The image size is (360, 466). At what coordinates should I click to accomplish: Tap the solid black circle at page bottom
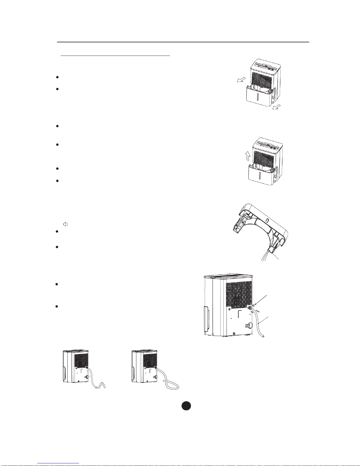[x=186, y=406]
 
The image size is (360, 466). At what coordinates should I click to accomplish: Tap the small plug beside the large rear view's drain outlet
[x=254, y=306]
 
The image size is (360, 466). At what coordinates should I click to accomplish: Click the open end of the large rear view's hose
[x=264, y=336]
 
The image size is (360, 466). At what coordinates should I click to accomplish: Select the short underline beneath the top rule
[x=115, y=55]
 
